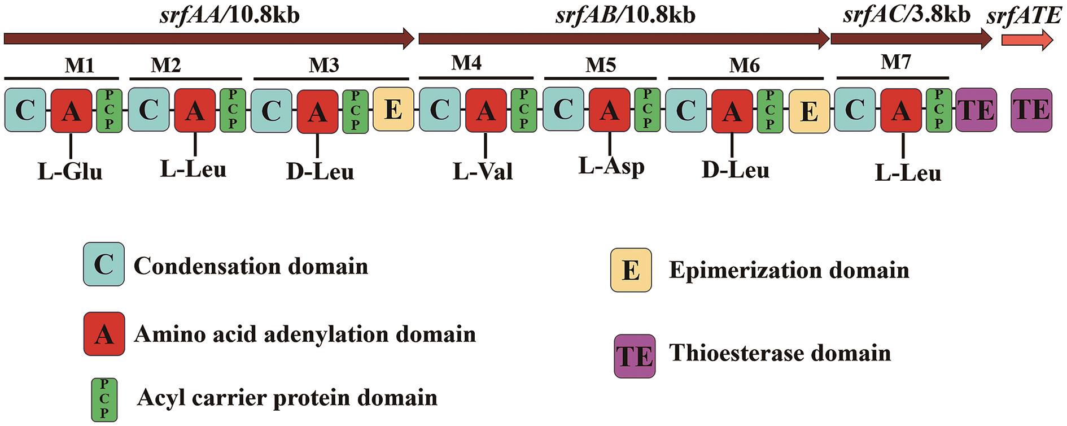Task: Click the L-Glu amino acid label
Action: click(x=71, y=171)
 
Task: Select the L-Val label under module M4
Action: click(x=483, y=171)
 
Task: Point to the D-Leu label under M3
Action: click(x=320, y=171)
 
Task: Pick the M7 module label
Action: click(x=896, y=62)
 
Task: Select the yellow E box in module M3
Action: click(x=393, y=110)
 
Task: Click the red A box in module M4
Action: click(x=486, y=110)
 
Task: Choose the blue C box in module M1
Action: click(x=25, y=110)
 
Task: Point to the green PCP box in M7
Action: click(x=939, y=110)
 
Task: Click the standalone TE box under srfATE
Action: click(x=1032, y=110)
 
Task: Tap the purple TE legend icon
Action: click(x=635, y=356)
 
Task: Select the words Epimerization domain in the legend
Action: click(x=789, y=270)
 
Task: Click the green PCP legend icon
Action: click(x=104, y=400)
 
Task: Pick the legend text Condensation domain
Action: click(x=251, y=266)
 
